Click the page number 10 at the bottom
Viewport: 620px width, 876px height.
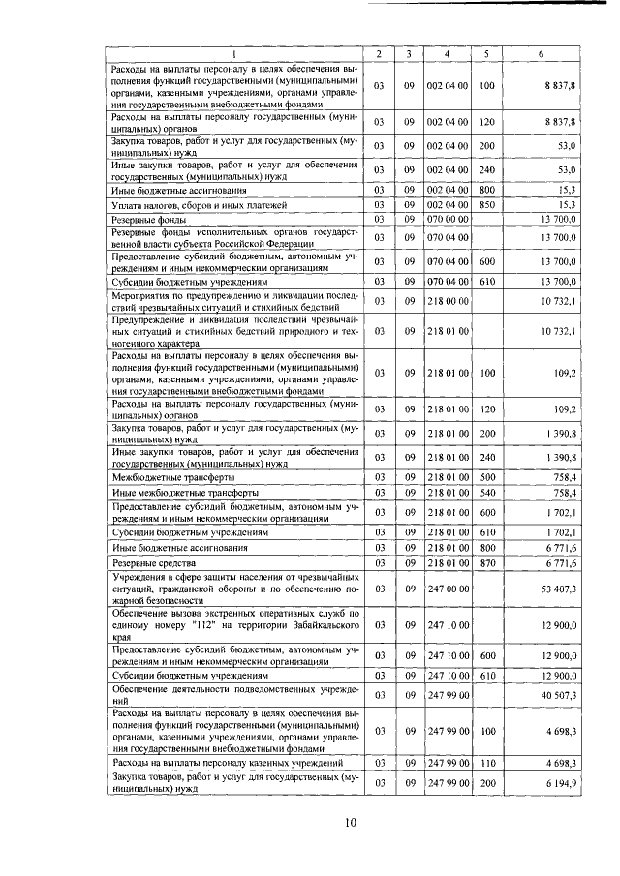point(351,824)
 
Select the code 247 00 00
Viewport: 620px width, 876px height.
point(448,588)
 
